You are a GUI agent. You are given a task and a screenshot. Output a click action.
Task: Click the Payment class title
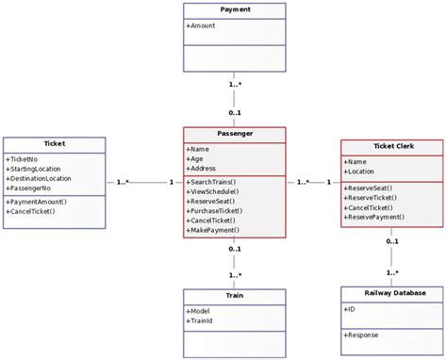pos(235,9)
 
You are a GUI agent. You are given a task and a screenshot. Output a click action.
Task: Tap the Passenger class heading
pos(235,134)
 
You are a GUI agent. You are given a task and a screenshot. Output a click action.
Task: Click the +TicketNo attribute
pos(24,159)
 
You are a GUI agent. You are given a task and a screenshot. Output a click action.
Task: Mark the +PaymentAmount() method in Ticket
pos(36,202)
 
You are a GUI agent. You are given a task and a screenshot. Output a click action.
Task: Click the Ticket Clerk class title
pos(390,147)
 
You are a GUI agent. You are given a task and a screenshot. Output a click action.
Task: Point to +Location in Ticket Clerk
pos(362,172)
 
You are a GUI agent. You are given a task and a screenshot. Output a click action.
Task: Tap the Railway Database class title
pos(390,293)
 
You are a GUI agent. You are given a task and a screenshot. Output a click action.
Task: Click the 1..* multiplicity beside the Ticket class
pos(123,183)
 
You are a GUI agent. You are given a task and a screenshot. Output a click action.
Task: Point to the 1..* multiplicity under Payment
pos(235,85)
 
